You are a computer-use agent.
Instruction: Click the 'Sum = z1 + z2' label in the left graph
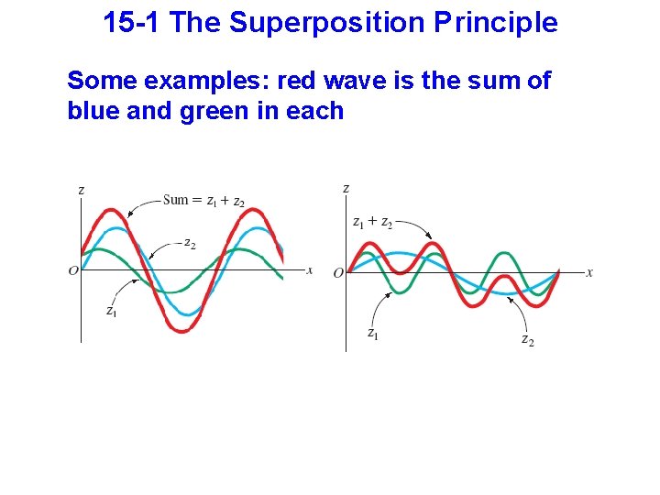tap(203, 201)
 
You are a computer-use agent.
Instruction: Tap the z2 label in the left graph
tap(189, 243)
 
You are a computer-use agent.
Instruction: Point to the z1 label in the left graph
tap(111, 312)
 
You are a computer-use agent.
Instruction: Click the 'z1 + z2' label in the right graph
tap(372, 222)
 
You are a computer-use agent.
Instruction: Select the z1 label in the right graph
tap(372, 334)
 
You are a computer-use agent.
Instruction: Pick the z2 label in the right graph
tap(527, 340)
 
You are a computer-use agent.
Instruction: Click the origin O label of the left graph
tap(73, 271)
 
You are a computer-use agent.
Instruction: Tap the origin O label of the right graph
tap(338, 272)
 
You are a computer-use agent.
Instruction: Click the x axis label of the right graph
tap(589, 272)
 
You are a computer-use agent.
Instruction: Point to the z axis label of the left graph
tap(82, 190)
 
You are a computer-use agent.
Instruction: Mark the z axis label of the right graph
tap(346, 188)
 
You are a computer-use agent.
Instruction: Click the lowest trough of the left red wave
tap(182, 329)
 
